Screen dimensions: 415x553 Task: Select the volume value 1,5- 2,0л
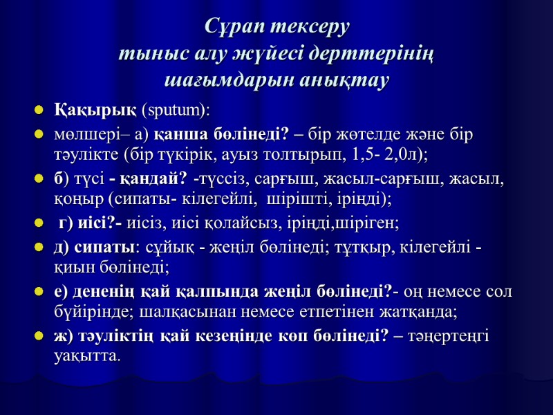pyautogui.click(x=391, y=151)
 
